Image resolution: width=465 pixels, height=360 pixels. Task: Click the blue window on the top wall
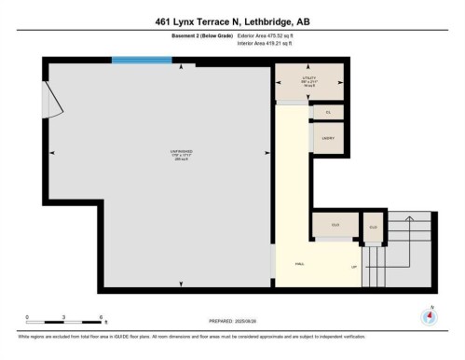click(142, 61)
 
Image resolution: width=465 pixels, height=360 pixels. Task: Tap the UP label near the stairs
click(353, 267)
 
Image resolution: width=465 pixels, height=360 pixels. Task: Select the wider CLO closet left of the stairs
click(335, 226)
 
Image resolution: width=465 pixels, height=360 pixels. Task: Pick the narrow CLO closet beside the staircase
click(373, 227)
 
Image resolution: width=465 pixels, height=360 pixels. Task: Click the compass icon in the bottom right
click(430, 315)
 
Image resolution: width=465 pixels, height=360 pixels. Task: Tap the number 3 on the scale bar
click(64, 317)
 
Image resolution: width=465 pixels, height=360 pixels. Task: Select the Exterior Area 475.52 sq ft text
click(272, 35)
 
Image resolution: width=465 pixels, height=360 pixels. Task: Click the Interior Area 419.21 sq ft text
click(270, 43)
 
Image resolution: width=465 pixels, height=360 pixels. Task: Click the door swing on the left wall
click(54, 98)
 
